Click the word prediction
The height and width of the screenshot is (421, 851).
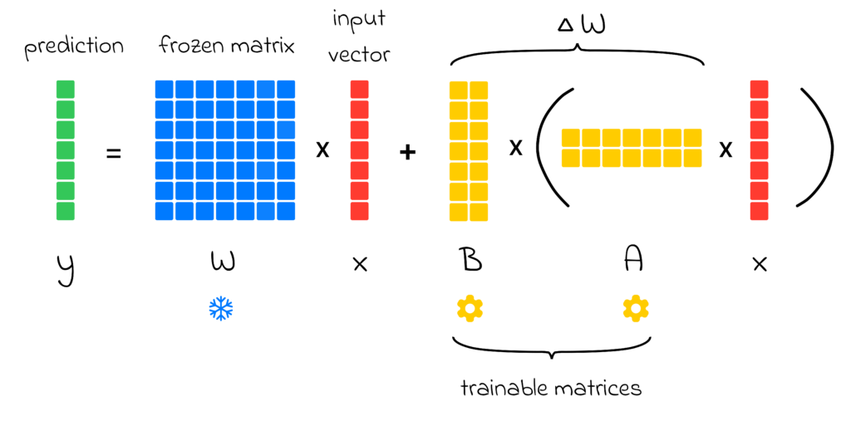tap(73, 47)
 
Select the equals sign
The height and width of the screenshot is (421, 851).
tap(114, 152)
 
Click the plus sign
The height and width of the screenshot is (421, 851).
tap(407, 152)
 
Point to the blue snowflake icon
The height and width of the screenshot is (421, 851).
tap(221, 309)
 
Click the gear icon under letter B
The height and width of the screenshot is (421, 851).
tap(470, 308)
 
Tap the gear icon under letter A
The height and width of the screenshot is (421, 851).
tap(636, 308)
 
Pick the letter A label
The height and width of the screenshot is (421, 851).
tap(634, 262)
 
